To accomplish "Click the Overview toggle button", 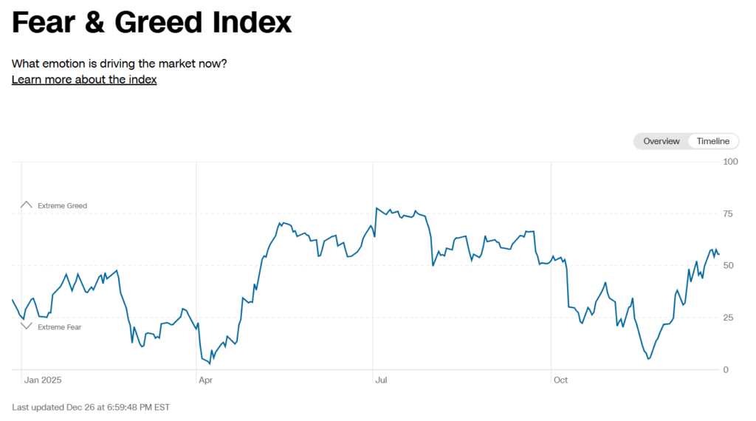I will click(661, 141).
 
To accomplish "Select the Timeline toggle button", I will click(712, 141).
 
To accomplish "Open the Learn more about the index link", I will click(84, 80).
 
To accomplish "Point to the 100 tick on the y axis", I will click(730, 162).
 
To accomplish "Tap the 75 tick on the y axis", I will click(729, 214).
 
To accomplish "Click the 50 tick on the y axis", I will click(729, 266).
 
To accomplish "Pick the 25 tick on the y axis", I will click(729, 318).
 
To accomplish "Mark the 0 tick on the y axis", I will click(726, 370).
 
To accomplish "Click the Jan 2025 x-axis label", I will click(43, 380).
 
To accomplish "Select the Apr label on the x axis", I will click(206, 380).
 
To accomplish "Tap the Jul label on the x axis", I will click(381, 380).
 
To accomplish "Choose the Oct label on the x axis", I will click(560, 380).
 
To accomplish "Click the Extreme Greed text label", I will click(62, 206).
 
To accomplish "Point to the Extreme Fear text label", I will click(59, 327).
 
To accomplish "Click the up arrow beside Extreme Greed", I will click(27, 205).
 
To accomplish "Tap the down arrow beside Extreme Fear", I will click(27, 326).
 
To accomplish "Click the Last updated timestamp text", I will click(91, 407).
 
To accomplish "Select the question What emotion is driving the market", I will click(119, 64).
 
